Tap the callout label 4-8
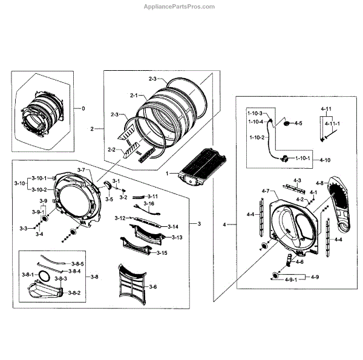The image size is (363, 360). click(x=319, y=183)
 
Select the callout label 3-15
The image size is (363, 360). click(x=162, y=252)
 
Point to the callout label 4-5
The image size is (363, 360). click(x=298, y=124)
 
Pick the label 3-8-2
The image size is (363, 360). click(x=74, y=293)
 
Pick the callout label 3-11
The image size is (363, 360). click(x=152, y=197)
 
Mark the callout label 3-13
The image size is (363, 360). click(x=177, y=237)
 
